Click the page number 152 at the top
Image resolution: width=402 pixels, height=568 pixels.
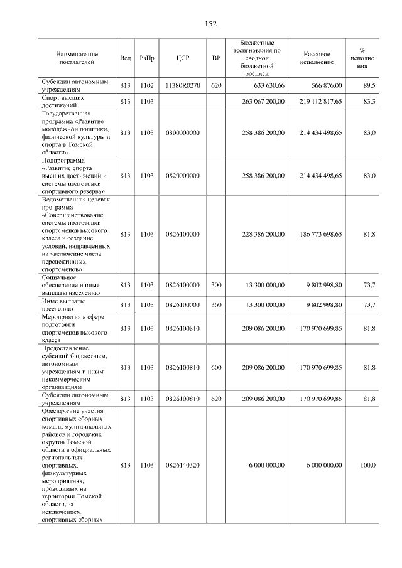[x=210, y=24]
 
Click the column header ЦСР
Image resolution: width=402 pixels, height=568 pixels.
[x=183, y=58]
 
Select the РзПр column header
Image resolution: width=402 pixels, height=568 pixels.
[x=147, y=58]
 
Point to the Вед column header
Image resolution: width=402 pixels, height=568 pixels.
[x=125, y=58]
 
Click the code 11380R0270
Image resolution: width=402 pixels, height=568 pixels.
[x=183, y=85]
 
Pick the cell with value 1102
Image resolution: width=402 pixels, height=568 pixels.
[x=147, y=85]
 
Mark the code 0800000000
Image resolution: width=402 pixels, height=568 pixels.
[x=183, y=133]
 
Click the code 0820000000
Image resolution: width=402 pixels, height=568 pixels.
[x=183, y=176]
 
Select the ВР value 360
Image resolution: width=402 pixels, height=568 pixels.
[x=216, y=304]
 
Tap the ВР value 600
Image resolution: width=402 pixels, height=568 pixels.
[x=216, y=367]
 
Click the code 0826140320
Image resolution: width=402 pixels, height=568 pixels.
[x=183, y=465]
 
